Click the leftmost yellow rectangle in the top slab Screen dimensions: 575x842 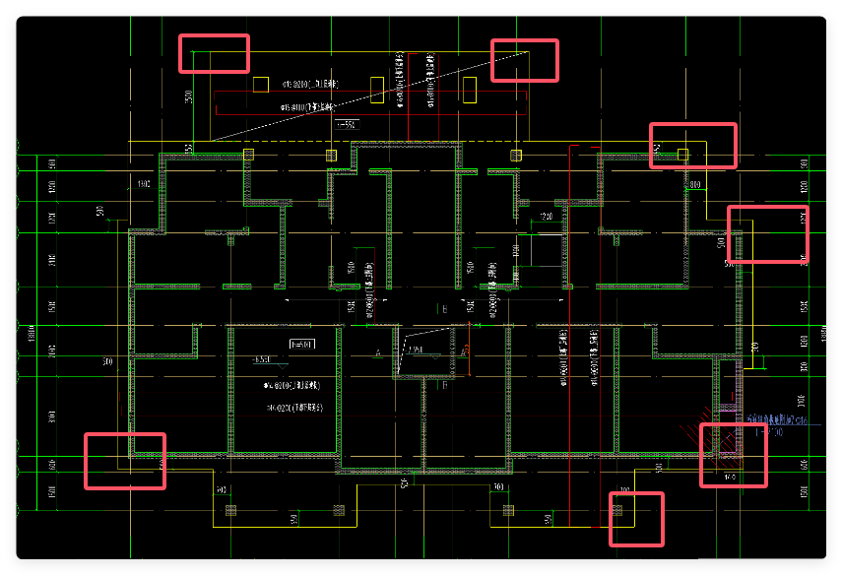point(261,85)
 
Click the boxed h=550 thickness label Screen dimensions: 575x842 point(347,125)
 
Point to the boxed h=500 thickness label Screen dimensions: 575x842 point(300,345)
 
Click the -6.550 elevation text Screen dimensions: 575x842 point(261,359)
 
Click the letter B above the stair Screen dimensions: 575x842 point(445,310)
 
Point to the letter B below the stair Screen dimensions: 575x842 point(444,386)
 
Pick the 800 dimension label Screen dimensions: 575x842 point(694,184)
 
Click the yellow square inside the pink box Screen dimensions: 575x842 point(683,154)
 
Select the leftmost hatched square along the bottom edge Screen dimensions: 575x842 point(230,510)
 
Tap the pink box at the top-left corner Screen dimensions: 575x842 point(214,53)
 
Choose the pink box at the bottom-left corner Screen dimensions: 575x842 point(125,461)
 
